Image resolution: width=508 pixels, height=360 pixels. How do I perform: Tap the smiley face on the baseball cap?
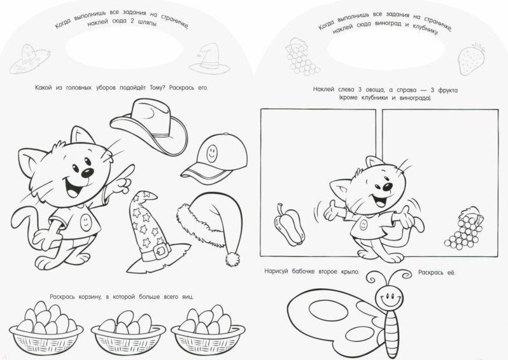tap(211, 153)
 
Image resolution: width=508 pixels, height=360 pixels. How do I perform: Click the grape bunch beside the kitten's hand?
tap(463, 228)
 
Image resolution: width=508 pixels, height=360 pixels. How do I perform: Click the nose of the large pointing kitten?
tap(87, 173)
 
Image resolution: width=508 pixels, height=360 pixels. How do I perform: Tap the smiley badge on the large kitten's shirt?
tap(85, 223)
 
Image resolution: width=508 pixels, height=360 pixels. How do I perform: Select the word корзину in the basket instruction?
tap(90, 296)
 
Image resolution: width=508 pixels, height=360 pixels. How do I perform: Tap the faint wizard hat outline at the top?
tap(209, 59)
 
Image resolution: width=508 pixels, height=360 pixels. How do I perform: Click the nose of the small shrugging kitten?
tap(387, 187)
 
